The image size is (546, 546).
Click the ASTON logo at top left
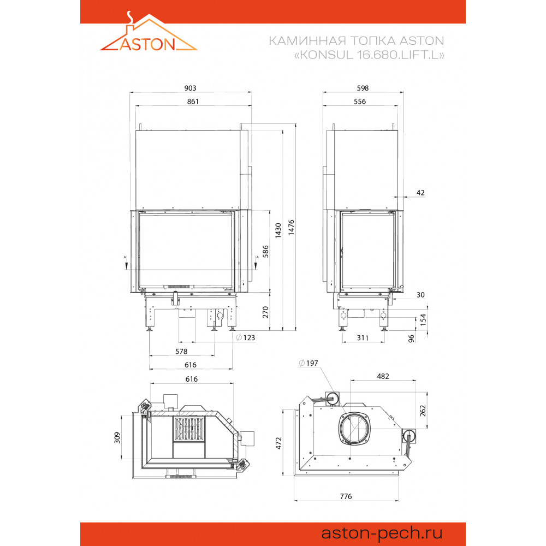click(149, 32)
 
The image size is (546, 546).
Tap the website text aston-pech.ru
click(382, 533)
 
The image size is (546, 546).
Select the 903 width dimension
click(190, 88)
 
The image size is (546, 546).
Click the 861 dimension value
click(193, 102)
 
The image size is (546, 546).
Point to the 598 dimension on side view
click(363, 88)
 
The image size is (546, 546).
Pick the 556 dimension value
click(360, 102)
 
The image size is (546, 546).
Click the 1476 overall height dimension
click(291, 227)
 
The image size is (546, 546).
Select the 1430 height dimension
click(278, 230)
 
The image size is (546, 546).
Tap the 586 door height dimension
click(265, 251)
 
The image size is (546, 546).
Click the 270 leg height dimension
click(265, 312)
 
